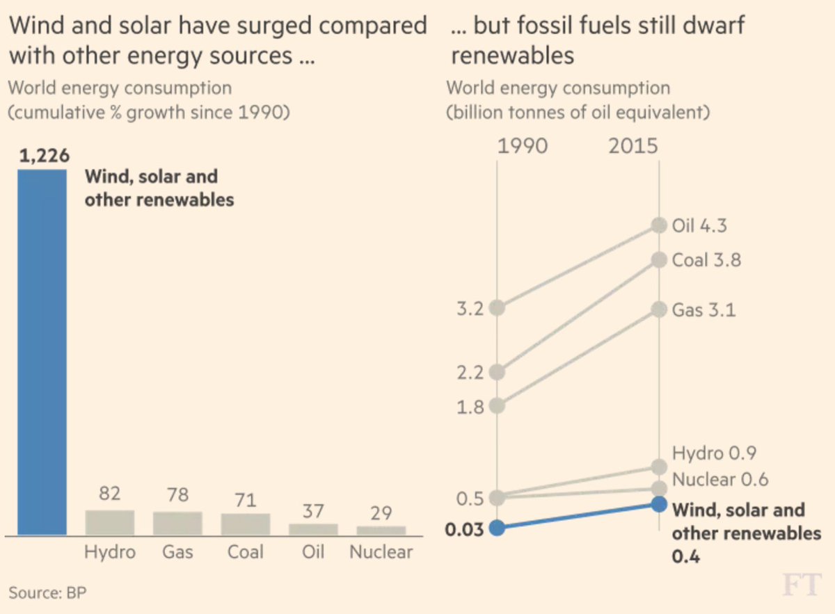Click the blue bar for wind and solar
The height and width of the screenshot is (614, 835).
[42, 352]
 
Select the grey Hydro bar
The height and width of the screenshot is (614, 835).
[109, 522]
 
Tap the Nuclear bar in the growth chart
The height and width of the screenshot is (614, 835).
[381, 530]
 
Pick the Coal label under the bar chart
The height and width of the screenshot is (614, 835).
[245, 552]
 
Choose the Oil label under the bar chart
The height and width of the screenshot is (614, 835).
[313, 552]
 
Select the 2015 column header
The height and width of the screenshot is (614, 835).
[633, 147]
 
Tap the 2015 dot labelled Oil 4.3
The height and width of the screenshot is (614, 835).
[658, 225]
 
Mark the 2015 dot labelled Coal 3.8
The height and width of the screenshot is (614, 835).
[658, 260]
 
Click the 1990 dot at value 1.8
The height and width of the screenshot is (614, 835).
[497, 405]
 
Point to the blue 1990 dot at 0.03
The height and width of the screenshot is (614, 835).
[497, 527]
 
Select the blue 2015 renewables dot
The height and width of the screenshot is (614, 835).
[658, 503]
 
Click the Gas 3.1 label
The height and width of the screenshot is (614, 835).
[703, 309]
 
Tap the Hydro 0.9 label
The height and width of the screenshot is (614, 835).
[714, 453]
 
